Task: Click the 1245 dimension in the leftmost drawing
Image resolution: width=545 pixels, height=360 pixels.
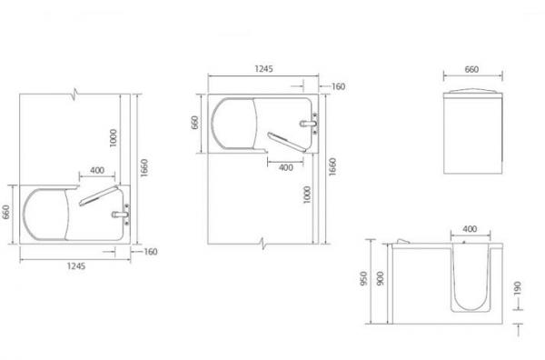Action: pos(76,266)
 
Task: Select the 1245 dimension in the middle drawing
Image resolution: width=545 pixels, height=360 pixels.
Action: pos(263,68)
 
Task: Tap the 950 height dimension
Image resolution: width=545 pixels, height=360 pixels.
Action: pos(363,278)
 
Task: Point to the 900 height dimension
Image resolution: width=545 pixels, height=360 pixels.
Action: pos(380,278)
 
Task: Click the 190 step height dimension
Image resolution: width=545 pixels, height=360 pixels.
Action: pos(517,288)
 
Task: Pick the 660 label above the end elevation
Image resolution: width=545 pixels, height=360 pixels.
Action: pos(471,69)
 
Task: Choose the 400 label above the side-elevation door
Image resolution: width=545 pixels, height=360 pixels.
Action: pos(470,229)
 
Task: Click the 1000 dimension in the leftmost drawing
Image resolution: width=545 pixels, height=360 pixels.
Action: pos(114,138)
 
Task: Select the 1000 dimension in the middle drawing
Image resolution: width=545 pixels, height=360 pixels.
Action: pos(307,195)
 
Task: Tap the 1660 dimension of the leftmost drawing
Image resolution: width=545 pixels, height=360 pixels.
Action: pos(144,168)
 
